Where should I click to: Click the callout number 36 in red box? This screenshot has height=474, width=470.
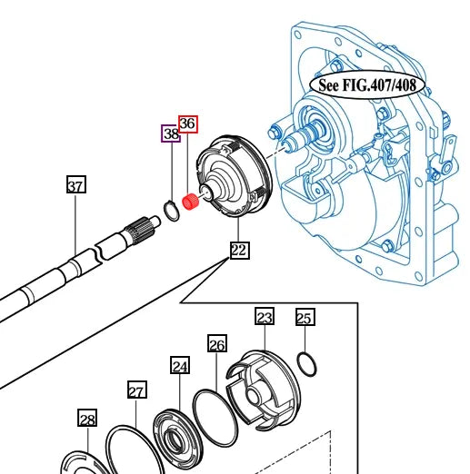[x=187, y=123]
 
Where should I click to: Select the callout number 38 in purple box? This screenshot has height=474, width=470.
[x=171, y=134]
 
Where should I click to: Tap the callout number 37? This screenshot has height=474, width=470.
[x=76, y=186]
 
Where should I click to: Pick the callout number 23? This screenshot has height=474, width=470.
[x=264, y=317]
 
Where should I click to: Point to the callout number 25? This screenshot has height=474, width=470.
[x=305, y=317]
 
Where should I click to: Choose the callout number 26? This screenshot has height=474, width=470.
[x=216, y=344]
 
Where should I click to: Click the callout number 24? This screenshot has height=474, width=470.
[x=180, y=366]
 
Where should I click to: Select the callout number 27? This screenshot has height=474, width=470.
[x=135, y=391]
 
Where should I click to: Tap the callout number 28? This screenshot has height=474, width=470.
[x=86, y=419]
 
